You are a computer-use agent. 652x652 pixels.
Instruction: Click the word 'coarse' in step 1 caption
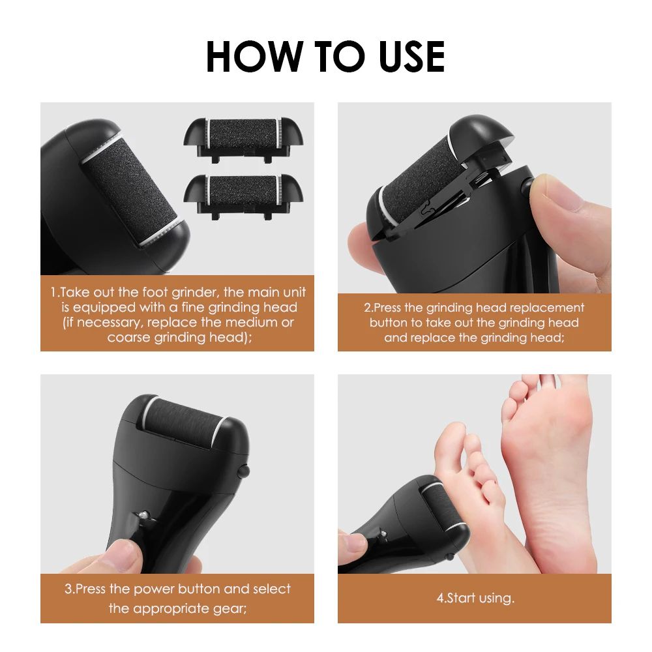129,337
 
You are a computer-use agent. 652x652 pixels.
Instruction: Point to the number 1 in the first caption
53,293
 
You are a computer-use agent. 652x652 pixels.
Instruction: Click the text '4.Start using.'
475,598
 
